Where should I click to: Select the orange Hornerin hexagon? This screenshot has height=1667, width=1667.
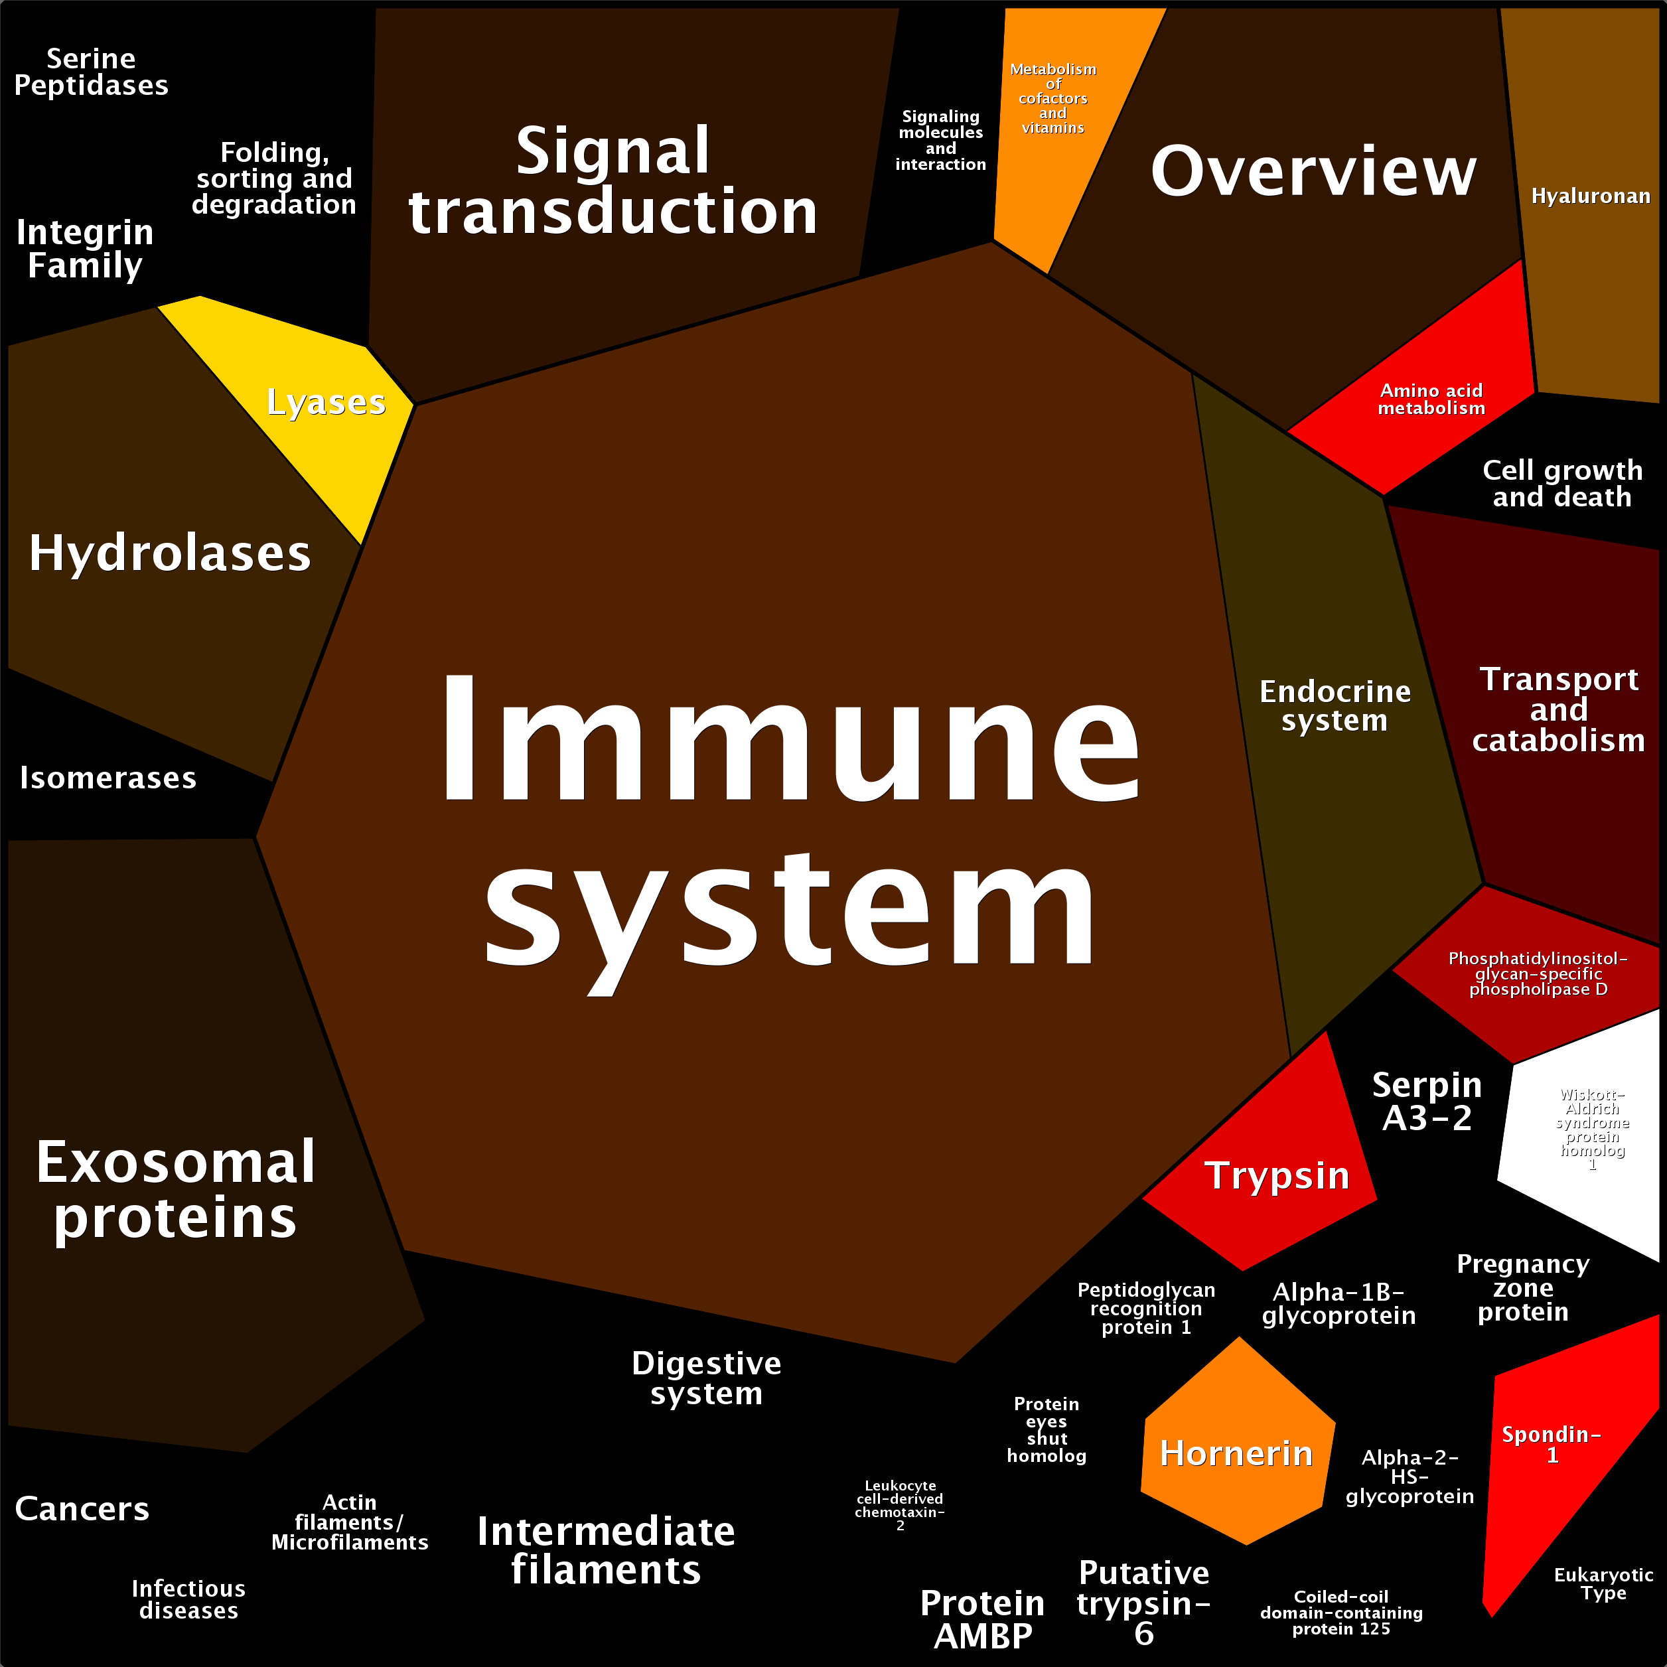[x=1236, y=1453]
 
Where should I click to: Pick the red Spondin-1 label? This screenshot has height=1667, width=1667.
[x=1552, y=1445]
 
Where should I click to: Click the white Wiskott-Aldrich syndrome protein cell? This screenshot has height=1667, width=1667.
[x=1592, y=1130]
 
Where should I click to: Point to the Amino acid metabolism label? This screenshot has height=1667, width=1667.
[x=1431, y=399]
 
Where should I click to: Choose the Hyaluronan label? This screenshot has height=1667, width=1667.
[x=1590, y=196]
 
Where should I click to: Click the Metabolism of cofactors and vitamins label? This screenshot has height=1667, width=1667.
[x=1052, y=98]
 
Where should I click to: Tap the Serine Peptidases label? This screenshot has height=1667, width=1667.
[x=92, y=72]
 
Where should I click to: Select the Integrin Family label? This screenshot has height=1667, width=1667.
[x=84, y=248]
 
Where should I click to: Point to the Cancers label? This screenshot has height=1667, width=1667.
[x=82, y=1508]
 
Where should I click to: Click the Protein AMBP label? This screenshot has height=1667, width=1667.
[x=982, y=1619]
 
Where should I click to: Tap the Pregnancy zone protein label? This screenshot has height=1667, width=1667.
[x=1523, y=1287]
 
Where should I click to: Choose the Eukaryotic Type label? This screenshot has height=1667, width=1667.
[x=1603, y=1583]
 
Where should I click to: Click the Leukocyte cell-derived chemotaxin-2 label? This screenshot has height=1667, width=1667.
[x=900, y=1505]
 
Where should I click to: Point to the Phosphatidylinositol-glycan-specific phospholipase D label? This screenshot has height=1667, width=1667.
[x=1538, y=974]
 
